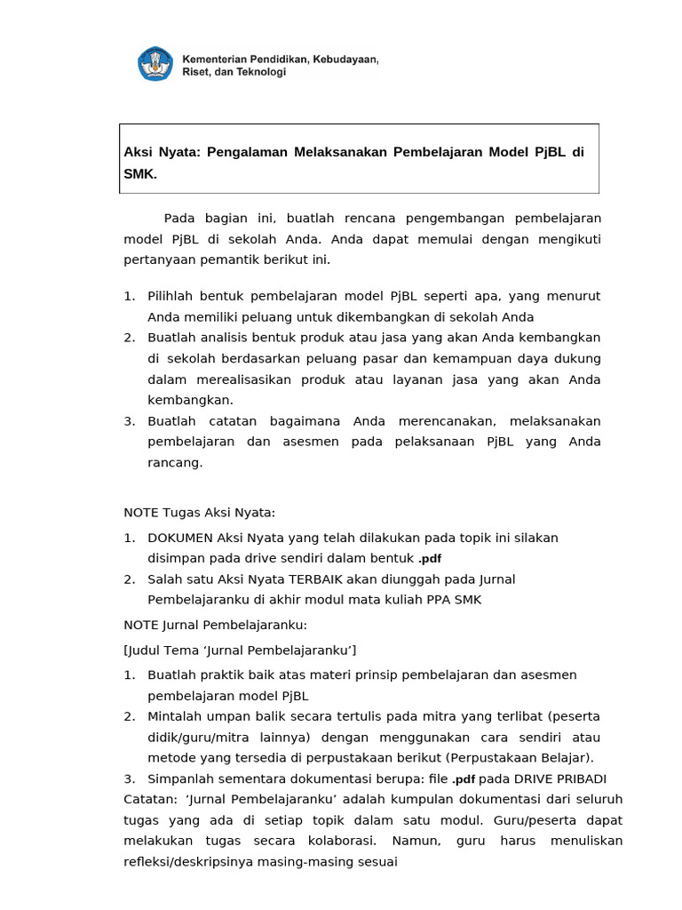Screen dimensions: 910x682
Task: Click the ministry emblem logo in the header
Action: tap(155, 64)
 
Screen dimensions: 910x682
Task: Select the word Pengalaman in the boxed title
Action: tap(243, 153)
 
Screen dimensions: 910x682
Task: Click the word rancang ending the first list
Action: tap(175, 462)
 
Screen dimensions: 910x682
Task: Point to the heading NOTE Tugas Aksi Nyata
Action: tap(200, 512)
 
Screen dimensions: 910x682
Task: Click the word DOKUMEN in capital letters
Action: tap(180, 538)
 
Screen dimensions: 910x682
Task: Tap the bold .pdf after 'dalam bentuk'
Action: tap(430, 559)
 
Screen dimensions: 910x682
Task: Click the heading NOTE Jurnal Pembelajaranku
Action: tap(215, 625)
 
